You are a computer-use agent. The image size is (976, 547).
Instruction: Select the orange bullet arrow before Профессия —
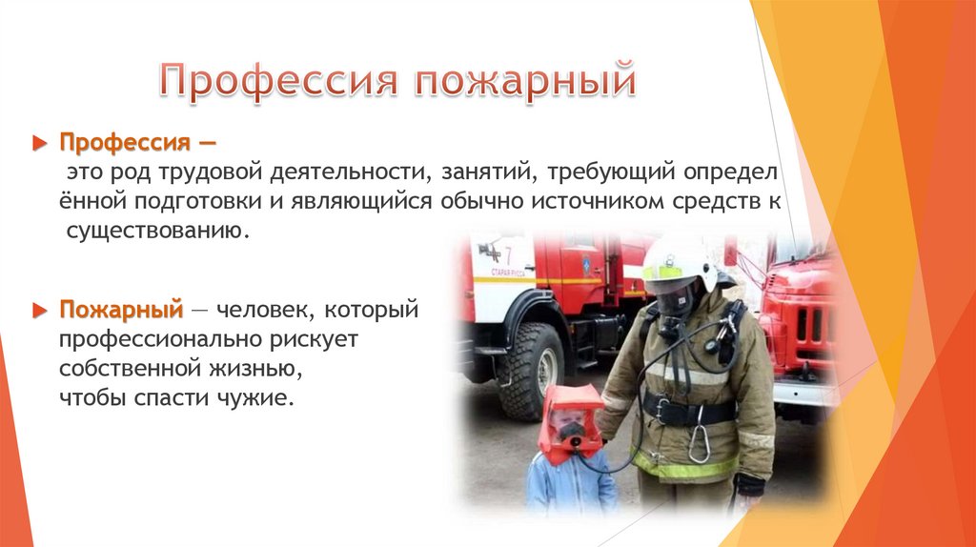(x=39, y=143)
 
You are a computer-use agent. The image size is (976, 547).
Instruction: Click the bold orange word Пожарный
(x=121, y=310)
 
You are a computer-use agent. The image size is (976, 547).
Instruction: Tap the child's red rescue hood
(x=570, y=420)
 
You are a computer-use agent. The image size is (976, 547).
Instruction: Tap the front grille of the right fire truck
(x=809, y=324)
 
